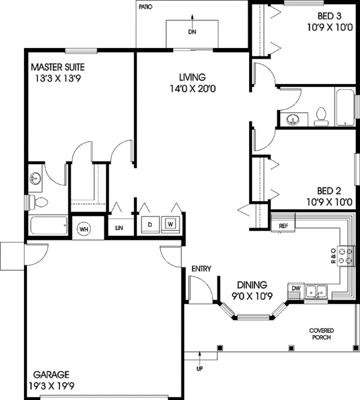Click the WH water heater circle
(x=83, y=228)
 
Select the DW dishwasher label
(x=295, y=288)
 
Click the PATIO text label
(x=146, y=8)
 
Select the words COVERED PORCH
(x=321, y=333)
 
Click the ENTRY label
(x=201, y=268)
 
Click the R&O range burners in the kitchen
(x=344, y=256)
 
